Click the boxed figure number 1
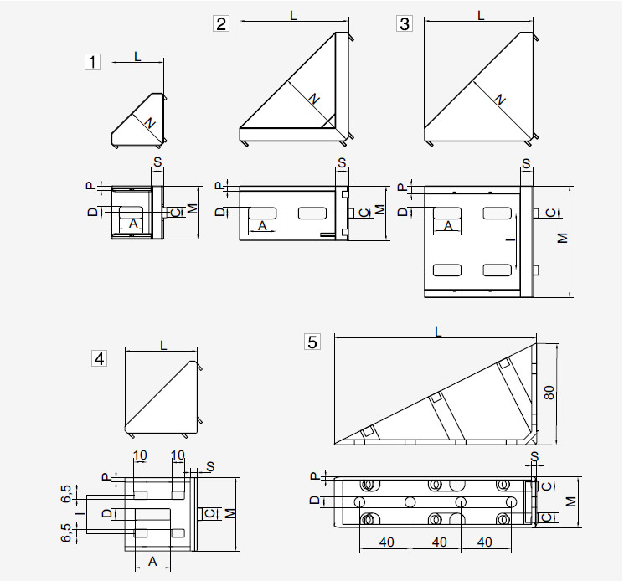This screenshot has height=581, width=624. click(92, 62)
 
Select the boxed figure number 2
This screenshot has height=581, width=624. click(221, 23)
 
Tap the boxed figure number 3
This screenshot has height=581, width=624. click(405, 23)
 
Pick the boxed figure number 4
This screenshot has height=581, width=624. click(99, 358)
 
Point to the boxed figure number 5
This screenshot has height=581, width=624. click(312, 342)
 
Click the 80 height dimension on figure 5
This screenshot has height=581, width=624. click(549, 393)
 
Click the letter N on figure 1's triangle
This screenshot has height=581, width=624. click(150, 123)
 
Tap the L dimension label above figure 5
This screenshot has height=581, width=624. click(438, 332)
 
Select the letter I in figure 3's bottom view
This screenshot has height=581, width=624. click(512, 239)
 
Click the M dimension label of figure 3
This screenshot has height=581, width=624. click(562, 238)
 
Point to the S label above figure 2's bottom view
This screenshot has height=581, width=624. click(342, 163)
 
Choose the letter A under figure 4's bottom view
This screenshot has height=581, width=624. click(152, 561)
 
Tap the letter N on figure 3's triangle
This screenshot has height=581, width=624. click(499, 99)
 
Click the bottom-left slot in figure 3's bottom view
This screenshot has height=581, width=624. click(447, 270)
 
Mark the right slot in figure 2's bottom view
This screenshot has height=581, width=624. click(312, 213)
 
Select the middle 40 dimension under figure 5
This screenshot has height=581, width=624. click(439, 542)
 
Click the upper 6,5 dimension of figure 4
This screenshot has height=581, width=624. click(66, 493)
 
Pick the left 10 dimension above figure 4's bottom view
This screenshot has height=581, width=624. click(140, 455)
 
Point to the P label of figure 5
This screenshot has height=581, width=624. click(314, 476)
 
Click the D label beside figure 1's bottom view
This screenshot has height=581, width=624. click(92, 213)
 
